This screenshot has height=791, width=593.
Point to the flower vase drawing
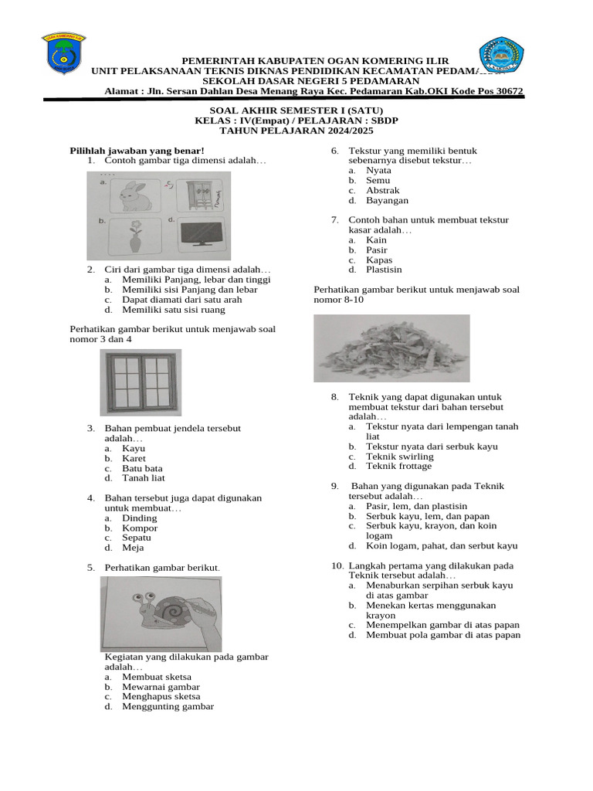click(136, 238)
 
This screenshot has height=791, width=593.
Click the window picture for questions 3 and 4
click(141, 382)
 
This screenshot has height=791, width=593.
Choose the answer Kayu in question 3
click(134, 448)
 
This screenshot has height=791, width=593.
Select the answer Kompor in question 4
click(140, 528)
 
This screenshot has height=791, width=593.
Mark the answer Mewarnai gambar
click(161, 687)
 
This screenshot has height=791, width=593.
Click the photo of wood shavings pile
click(391, 348)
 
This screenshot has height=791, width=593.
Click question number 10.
click(337, 566)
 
